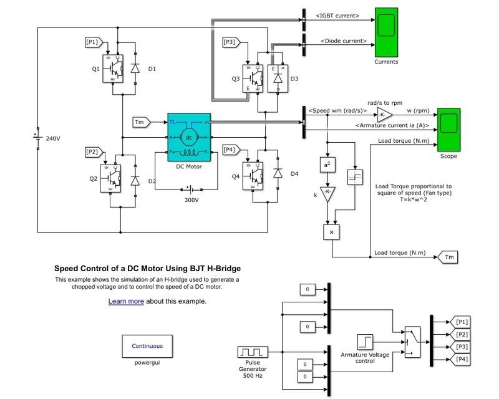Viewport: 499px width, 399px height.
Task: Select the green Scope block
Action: pos(448,129)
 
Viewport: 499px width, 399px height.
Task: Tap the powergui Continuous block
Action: pos(147,346)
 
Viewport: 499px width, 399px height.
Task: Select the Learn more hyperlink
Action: pos(126,301)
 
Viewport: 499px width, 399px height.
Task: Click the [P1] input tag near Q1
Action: pos(92,42)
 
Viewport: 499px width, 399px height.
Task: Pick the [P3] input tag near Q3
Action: pos(230,42)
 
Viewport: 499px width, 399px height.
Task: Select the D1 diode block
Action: pos(135,69)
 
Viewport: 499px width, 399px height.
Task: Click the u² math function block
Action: pos(327,165)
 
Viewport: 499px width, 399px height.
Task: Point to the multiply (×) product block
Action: pos(331,232)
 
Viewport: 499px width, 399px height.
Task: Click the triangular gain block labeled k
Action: pos(327,195)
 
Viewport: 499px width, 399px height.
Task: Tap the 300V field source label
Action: pos(191,200)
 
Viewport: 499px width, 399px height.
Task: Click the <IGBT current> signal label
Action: pos(337,16)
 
